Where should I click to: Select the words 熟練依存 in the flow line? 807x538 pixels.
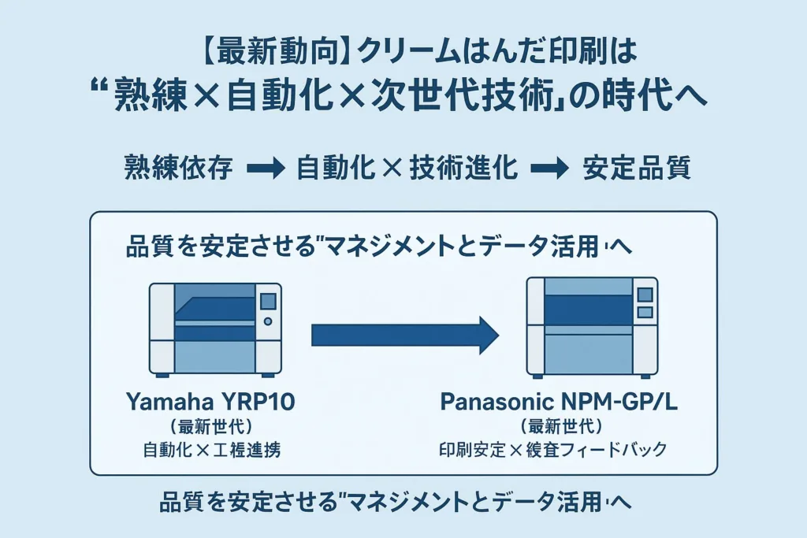pyautogui.click(x=179, y=169)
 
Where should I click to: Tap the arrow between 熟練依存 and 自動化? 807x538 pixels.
pyautogui.click(x=265, y=169)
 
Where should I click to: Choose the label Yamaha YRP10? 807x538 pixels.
pyautogui.click(x=210, y=403)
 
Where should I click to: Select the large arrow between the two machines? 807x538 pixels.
pyautogui.click(x=405, y=336)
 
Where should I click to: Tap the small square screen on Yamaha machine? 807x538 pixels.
pyautogui.click(x=268, y=300)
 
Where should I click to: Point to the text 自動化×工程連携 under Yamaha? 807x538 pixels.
pyautogui.click(x=210, y=451)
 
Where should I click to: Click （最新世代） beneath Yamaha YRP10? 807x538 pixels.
pyautogui.click(x=210, y=428)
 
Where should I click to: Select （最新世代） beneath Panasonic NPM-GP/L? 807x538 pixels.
pyautogui.click(x=562, y=428)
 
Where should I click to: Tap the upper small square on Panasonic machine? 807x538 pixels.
pyautogui.click(x=645, y=295)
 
